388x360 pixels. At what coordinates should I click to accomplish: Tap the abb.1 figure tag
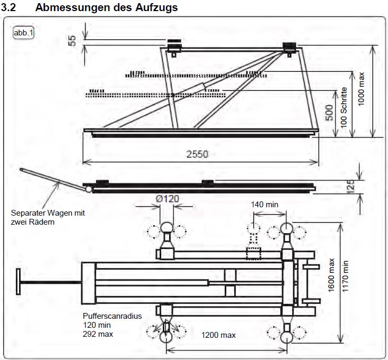[23, 32]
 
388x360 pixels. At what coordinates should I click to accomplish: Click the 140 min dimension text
[265, 204]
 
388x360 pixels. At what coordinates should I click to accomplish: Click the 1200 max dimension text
[218, 335]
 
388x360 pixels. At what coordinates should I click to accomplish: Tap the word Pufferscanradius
[112, 316]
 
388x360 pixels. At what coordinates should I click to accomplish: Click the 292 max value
[98, 334]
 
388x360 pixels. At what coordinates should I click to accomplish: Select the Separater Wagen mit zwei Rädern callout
[48, 217]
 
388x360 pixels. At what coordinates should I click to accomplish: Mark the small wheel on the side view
[88, 188]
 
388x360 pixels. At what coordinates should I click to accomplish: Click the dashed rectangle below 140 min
[253, 253]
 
